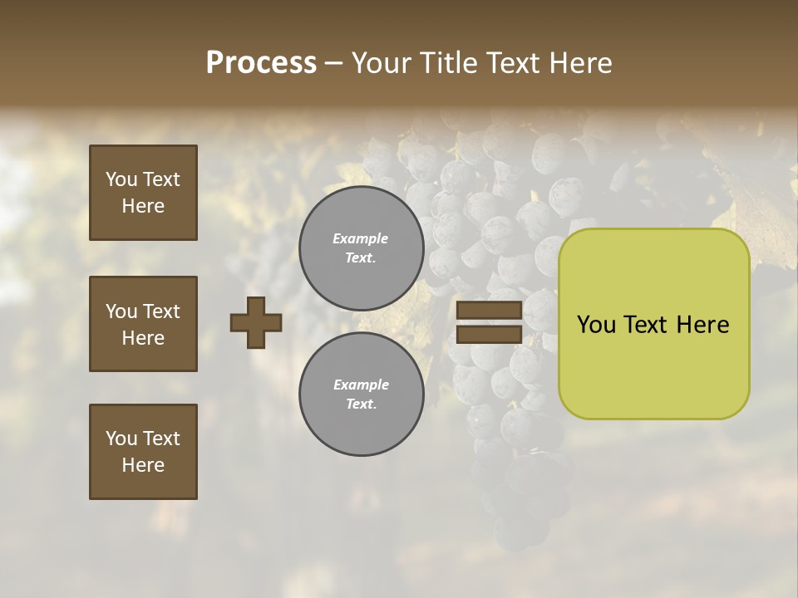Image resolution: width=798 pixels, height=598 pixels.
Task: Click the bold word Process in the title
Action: pyautogui.click(x=261, y=63)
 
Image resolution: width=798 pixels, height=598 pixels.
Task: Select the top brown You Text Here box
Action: pyautogui.click(x=143, y=193)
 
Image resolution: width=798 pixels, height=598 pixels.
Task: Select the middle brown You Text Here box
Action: pyautogui.click(x=143, y=324)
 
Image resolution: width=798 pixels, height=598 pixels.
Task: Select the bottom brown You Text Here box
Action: pyautogui.click(x=143, y=452)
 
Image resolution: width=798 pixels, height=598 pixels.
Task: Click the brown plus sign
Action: pyautogui.click(x=255, y=322)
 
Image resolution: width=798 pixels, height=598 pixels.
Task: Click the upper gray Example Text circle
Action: pyautogui.click(x=361, y=248)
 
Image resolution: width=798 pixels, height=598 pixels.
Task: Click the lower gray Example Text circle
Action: pyautogui.click(x=361, y=395)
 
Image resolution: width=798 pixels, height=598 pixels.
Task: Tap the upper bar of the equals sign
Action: pyautogui.click(x=489, y=311)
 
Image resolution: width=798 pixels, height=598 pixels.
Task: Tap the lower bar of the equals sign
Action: pyautogui.click(x=489, y=335)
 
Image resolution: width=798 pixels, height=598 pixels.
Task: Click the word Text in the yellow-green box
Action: pyautogui.click(x=653, y=325)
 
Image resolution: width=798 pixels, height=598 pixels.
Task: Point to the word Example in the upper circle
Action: pyautogui.click(x=361, y=239)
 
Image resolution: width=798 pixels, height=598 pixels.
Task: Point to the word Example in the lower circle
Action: pyautogui.click(x=361, y=385)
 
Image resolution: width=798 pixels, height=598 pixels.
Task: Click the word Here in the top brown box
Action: pyautogui.click(x=143, y=206)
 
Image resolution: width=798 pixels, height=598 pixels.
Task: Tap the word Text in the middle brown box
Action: pyautogui.click(x=160, y=311)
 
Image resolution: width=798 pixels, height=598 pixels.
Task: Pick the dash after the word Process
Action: pyautogui.click(x=333, y=63)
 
